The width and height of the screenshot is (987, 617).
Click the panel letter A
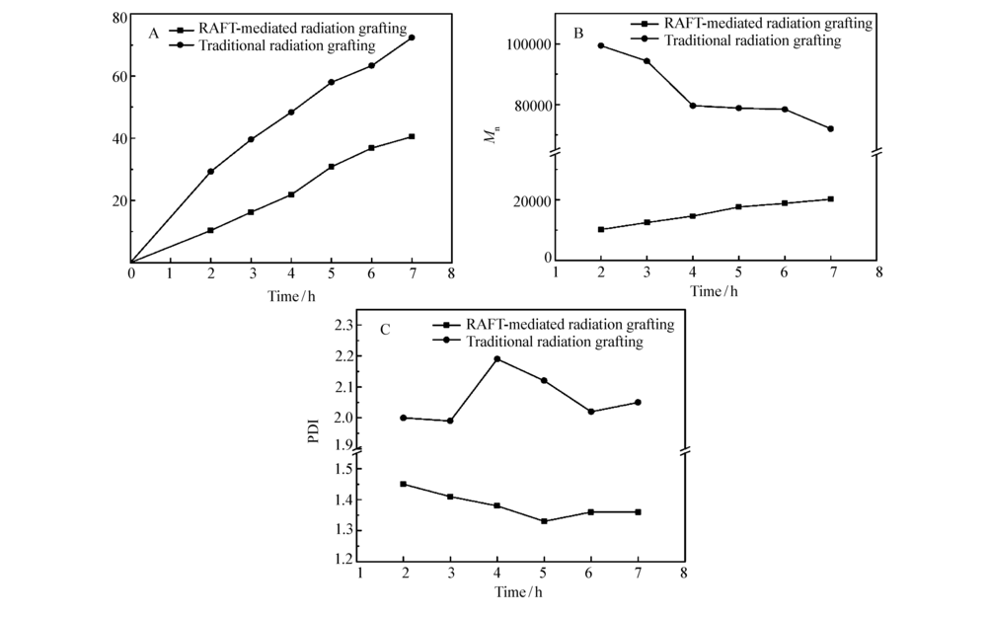click(154, 34)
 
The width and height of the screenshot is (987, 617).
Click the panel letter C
click(384, 329)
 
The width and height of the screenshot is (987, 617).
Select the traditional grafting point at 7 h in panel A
click(412, 38)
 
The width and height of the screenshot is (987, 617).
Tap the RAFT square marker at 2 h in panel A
click(211, 230)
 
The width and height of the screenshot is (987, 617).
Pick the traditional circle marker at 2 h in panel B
click(600, 45)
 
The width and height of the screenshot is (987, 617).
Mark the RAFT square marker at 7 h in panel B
click(831, 199)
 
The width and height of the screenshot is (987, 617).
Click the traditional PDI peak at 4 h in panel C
click(497, 359)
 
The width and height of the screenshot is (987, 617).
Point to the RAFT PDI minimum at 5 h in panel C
click(544, 521)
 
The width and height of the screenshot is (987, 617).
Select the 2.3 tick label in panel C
click(342, 326)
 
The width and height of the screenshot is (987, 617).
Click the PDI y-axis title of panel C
click(313, 432)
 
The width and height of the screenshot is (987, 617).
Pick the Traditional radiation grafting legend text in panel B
click(752, 40)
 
